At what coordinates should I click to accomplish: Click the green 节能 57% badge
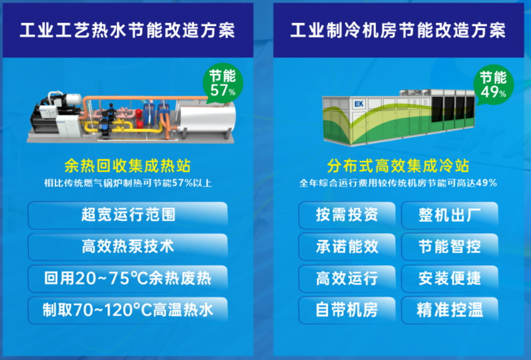[x=223, y=83]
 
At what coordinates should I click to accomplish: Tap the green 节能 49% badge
[x=493, y=85]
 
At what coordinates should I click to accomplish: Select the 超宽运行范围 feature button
[x=128, y=215]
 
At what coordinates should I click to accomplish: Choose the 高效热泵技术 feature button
[x=128, y=247]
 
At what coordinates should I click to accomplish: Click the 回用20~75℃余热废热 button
[x=128, y=278]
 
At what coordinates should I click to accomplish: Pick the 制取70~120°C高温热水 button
[x=128, y=310]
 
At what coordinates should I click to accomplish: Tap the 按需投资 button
[x=347, y=215]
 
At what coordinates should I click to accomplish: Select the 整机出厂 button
[x=450, y=215]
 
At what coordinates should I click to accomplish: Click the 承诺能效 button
[x=347, y=247]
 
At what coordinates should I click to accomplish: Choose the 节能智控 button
[x=450, y=247]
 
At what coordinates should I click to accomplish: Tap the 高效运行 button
[x=347, y=278]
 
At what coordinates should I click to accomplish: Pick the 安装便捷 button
[x=450, y=278]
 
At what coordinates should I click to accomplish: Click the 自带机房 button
[x=347, y=310]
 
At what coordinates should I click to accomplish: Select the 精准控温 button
[x=450, y=310]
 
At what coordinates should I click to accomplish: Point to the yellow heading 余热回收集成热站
[x=127, y=165]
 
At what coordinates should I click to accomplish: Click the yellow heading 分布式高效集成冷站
[x=398, y=165]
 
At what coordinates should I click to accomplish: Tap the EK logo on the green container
[x=359, y=104]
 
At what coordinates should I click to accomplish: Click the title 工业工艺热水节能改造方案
[x=127, y=30]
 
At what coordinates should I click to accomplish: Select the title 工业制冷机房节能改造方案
[x=398, y=30]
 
